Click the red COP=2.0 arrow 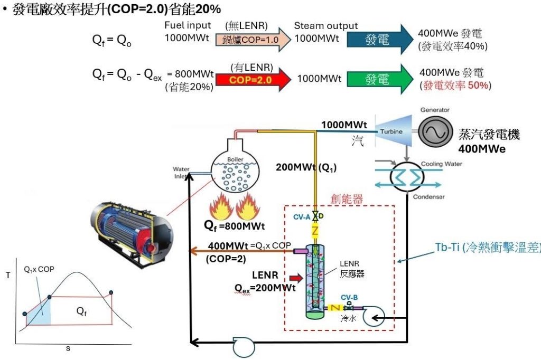click(253, 79)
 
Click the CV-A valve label click(301, 216)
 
